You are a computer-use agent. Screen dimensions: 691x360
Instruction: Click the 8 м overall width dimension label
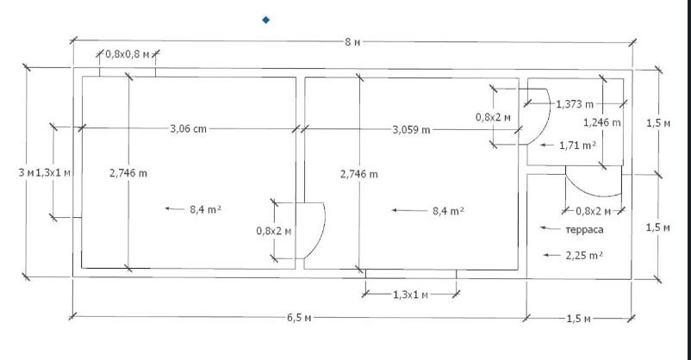352,42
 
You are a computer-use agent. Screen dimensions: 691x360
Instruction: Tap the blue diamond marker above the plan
265,20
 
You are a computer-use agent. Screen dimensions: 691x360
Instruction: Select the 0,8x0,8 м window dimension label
128,54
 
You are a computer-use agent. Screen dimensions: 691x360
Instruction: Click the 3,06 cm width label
188,129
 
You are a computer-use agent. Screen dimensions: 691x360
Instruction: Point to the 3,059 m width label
411,130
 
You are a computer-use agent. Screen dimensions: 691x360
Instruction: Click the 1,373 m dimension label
575,104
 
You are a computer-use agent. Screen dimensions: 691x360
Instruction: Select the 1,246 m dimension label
602,122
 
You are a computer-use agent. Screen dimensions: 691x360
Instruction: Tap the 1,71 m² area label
578,146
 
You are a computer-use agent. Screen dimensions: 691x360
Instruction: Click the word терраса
584,230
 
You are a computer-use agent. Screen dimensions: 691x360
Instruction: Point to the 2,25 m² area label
584,255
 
